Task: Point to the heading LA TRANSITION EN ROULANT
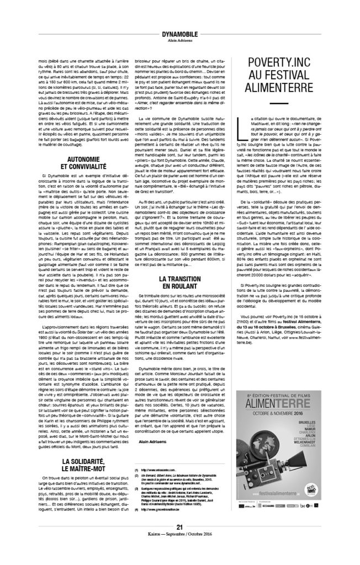(179, 299)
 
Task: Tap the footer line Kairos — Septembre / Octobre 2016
(179, 550)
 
